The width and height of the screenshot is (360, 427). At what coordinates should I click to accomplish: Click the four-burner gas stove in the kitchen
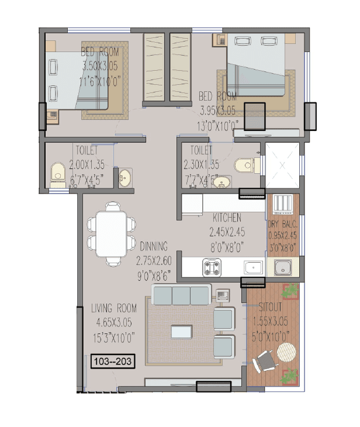tap(212, 268)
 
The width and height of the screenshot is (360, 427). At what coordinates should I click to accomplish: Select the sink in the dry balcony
tap(283, 269)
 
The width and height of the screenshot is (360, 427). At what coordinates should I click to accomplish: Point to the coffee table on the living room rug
tap(182, 332)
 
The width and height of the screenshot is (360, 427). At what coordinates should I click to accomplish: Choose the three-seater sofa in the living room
tap(181, 295)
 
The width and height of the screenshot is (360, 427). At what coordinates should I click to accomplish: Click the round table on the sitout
tap(286, 353)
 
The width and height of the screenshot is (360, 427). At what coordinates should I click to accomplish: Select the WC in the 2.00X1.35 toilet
tap(57, 174)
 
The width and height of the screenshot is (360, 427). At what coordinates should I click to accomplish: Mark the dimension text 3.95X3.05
tap(217, 110)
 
